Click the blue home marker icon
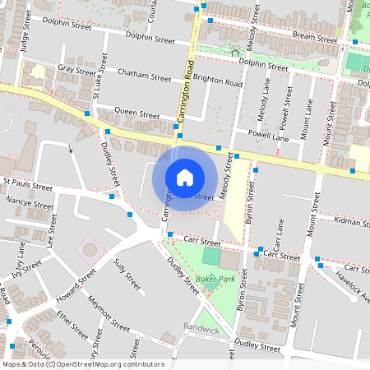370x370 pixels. pos(185,177)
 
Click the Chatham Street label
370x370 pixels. pos(144,73)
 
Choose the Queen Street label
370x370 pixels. pos(136,113)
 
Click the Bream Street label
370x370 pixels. pos(314,38)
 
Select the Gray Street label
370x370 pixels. pos(77,71)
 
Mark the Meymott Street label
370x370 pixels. pos(108,312)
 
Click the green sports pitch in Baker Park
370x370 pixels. pos(211,257)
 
